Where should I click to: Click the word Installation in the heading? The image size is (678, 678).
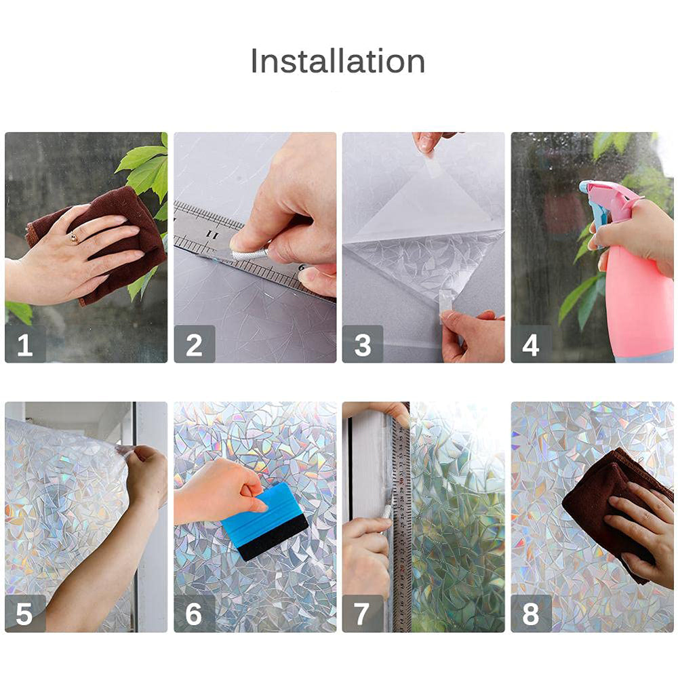pyautogui.click(x=338, y=61)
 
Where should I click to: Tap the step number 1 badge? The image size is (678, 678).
pyautogui.click(x=25, y=344)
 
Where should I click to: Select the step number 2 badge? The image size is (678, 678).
pyautogui.click(x=194, y=344)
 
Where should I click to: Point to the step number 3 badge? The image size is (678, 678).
pyautogui.click(x=362, y=344)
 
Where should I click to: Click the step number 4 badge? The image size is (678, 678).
pyautogui.click(x=531, y=344)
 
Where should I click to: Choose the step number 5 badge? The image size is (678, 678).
pyautogui.click(x=25, y=614)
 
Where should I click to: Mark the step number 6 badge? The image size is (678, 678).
pyautogui.click(x=194, y=614)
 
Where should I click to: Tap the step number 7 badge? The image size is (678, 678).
pyautogui.click(x=362, y=614)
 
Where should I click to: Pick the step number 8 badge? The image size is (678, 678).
pyautogui.click(x=531, y=614)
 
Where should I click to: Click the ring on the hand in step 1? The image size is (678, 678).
pyautogui.click(x=74, y=237)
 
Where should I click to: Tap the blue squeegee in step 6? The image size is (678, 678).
pyautogui.click(x=264, y=521)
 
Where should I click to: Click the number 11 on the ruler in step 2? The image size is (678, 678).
pyautogui.click(x=212, y=234)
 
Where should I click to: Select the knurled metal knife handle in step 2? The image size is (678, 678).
pyautogui.click(x=250, y=254)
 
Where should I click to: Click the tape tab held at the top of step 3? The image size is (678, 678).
pyautogui.click(x=430, y=162)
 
